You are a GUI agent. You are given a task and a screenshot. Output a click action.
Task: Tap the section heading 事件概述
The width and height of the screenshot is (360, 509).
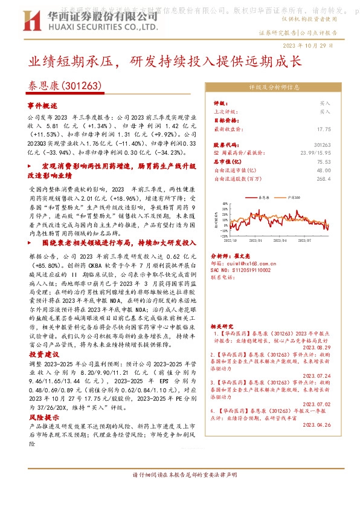[x=45, y=105]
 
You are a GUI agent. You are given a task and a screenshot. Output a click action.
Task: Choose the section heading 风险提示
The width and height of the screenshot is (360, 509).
[x=45, y=417]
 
